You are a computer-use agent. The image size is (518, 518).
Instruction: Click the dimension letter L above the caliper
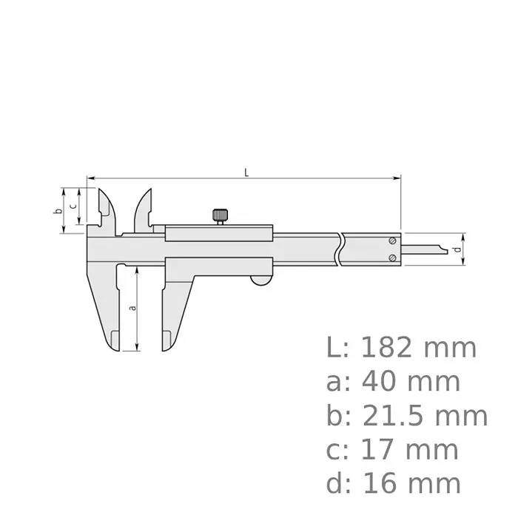click(246, 172)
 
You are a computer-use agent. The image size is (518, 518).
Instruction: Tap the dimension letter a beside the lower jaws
click(132, 308)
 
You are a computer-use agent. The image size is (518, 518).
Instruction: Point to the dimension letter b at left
click(57, 211)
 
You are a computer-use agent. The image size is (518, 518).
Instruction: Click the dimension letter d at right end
click(458, 250)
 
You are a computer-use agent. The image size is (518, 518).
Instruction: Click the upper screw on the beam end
click(392, 240)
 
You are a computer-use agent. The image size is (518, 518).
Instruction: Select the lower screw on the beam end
click(392, 257)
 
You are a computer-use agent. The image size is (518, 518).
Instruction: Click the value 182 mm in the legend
click(419, 348)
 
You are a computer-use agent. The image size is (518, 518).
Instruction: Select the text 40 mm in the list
click(411, 382)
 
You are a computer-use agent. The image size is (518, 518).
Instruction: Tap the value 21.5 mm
click(425, 416)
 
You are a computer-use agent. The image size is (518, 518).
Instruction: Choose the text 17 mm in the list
click(411, 450)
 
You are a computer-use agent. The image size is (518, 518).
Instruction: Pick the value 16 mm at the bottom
click(411, 484)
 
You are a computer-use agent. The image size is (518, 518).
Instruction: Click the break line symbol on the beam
click(340, 249)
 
